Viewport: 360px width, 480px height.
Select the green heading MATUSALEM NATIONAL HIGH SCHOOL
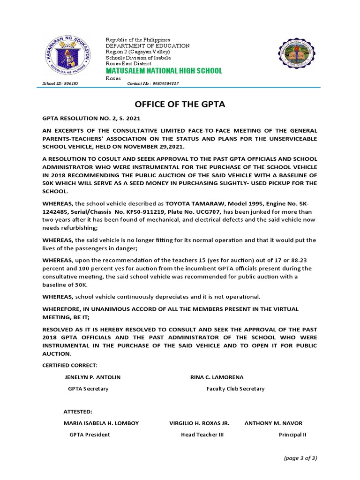pyautogui.click(x=164, y=71)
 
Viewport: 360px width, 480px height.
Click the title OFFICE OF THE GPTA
pyautogui.click(x=180, y=104)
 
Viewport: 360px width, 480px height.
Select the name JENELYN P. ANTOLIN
pyautogui.click(x=92, y=377)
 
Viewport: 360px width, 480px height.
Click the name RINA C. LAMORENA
pyautogui.click(x=217, y=377)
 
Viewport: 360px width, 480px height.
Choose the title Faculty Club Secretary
pyautogui.click(x=235, y=389)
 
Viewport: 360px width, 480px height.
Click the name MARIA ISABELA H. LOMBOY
pyautogui.click(x=101, y=423)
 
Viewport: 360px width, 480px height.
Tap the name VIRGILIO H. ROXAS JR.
pyautogui.click(x=199, y=423)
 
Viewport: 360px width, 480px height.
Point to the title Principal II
pyautogui.click(x=292, y=435)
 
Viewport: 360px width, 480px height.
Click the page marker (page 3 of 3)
pyautogui.click(x=300, y=458)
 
